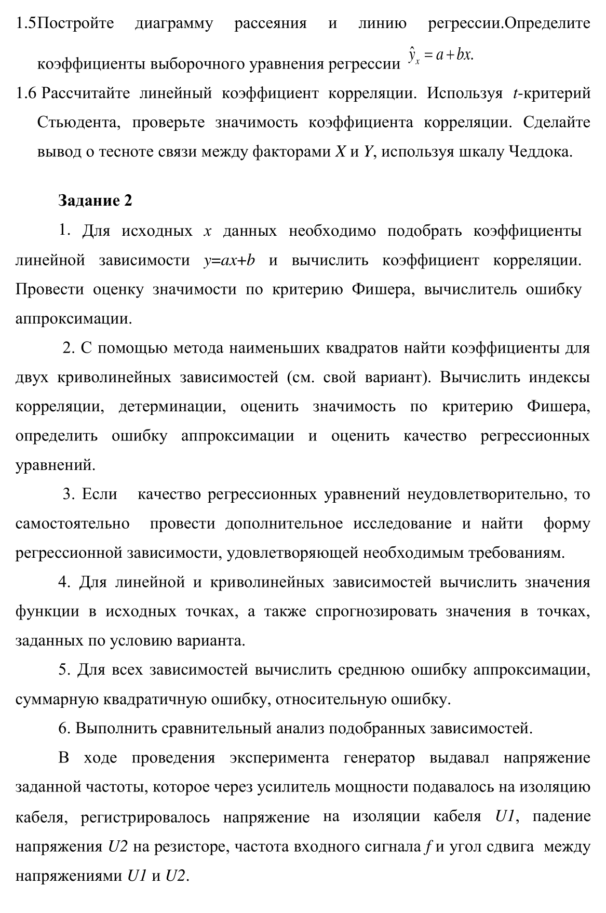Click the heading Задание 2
point(96,200)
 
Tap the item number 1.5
point(26,23)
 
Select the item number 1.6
point(26,93)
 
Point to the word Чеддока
point(540,152)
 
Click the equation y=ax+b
point(229,260)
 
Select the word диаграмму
point(174,23)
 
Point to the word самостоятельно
point(73,523)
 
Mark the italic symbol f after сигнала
point(427,847)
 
